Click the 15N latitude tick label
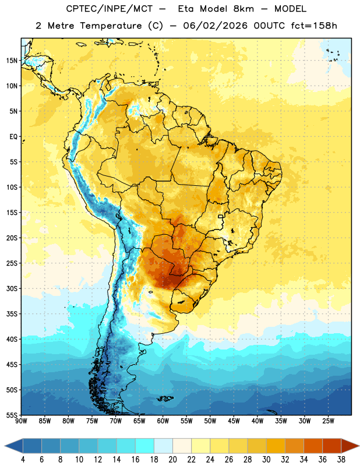12,61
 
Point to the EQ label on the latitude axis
13,137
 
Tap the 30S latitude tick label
12,288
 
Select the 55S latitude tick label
12,415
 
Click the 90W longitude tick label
21,421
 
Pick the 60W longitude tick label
163,421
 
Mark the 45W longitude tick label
234,421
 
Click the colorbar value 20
172,460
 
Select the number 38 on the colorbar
341,460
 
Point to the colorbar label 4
23,460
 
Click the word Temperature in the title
111,26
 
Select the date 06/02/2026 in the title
215,26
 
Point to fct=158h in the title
314,26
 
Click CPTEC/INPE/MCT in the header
110,9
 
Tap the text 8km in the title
243,9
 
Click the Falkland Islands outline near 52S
165,398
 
